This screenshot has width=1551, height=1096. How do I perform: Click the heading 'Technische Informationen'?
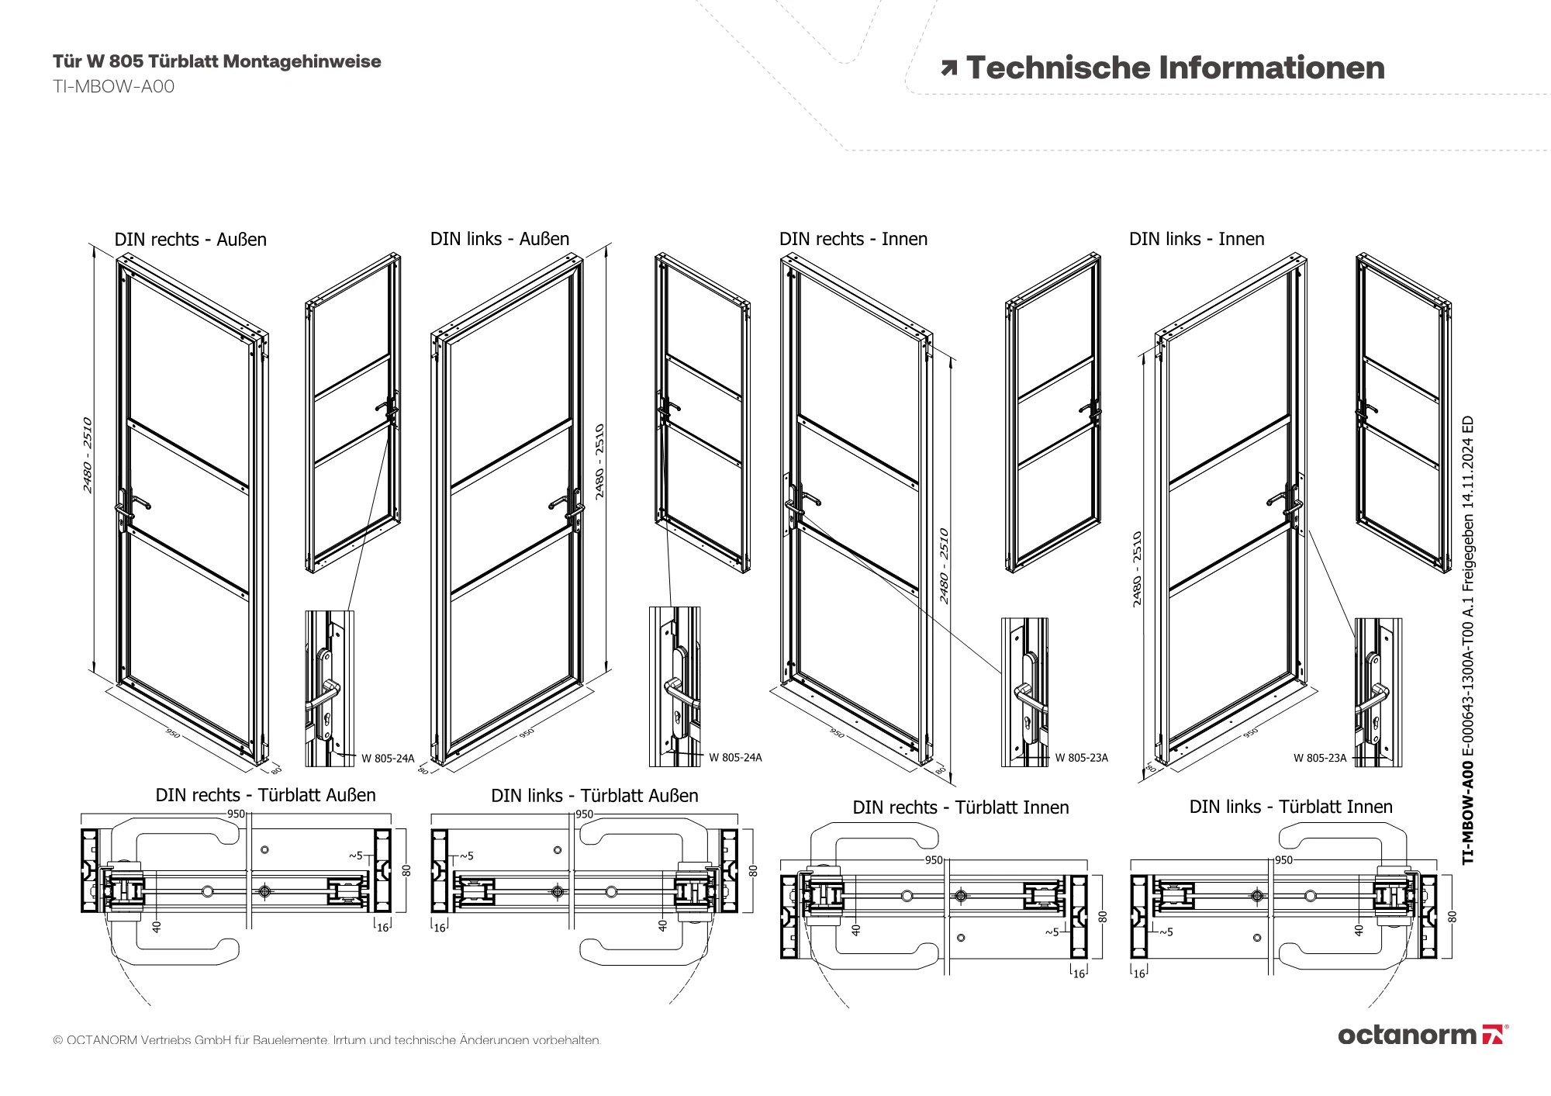(1175, 68)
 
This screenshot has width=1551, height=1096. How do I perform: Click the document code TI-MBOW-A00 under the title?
(113, 87)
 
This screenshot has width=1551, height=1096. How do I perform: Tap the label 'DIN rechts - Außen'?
(190, 240)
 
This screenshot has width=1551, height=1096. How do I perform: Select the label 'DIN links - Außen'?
(499, 239)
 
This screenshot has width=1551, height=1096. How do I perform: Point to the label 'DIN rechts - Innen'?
(853, 239)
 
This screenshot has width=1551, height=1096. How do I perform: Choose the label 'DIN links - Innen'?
(1197, 239)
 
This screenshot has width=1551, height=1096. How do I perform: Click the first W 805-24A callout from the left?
(388, 759)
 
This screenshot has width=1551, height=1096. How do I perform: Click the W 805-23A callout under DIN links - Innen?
(1320, 758)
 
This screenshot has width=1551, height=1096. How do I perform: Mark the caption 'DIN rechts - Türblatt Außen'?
(265, 795)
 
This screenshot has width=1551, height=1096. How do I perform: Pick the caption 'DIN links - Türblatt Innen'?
(1290, 807)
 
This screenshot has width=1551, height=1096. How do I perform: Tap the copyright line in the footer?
(326, 1040)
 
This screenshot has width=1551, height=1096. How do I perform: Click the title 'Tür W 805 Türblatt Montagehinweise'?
(217, 62)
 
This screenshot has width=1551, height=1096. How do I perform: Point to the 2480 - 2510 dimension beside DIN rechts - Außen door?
(88, 455)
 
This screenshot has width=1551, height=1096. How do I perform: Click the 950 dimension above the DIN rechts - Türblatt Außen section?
(236, 814)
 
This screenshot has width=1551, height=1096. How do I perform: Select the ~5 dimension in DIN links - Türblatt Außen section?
(466, 856)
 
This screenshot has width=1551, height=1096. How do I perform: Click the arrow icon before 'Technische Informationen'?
(948, 69)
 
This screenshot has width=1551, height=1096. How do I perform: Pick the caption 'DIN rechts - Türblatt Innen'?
(960, 807)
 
